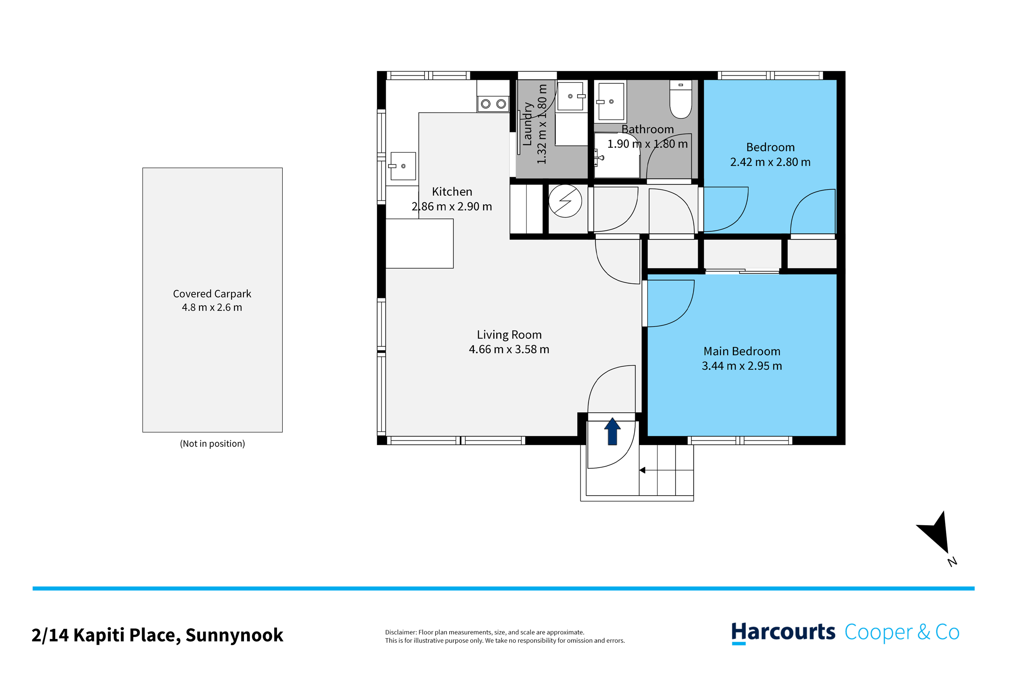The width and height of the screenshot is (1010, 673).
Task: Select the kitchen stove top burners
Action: point(493,103)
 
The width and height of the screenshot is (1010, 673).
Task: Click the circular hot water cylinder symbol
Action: point(565,201)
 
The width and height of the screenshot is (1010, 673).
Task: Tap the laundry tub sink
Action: point(571,96)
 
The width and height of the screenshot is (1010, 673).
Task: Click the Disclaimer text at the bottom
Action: point(505,636)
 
